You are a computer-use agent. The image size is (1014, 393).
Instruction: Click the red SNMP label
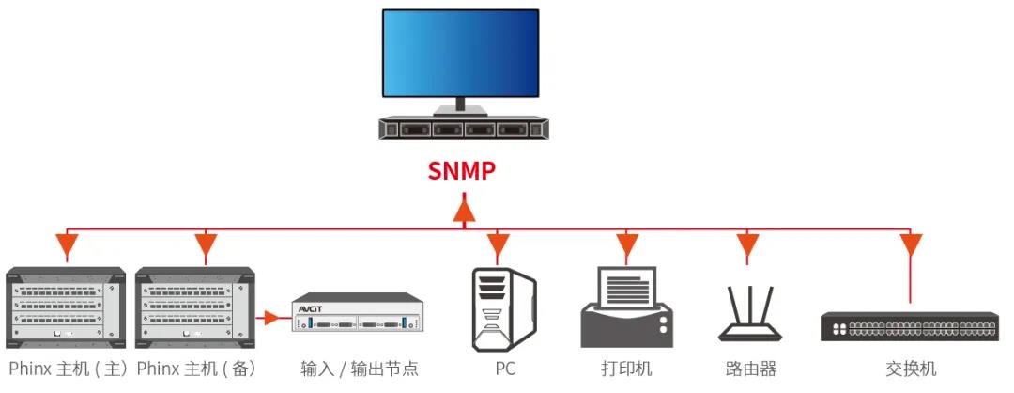[462, 171]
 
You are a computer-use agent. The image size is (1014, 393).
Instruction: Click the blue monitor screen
[460, 53]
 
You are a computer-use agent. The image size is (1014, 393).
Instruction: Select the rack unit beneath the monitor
[461, 129]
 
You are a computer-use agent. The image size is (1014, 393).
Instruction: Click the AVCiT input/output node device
[358, 317]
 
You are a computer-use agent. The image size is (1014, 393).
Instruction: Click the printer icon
[627, 307]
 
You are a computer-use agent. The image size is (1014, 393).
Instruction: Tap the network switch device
[909, 326]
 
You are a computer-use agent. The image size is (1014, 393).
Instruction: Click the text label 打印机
[626, 369]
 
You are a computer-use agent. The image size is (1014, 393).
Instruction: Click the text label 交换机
[910, 369]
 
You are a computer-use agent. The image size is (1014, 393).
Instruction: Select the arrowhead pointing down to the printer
[627, 247]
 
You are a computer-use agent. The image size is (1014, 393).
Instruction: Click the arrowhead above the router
[747, 247]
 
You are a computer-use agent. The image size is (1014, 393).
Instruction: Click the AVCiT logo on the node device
[310, 307]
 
